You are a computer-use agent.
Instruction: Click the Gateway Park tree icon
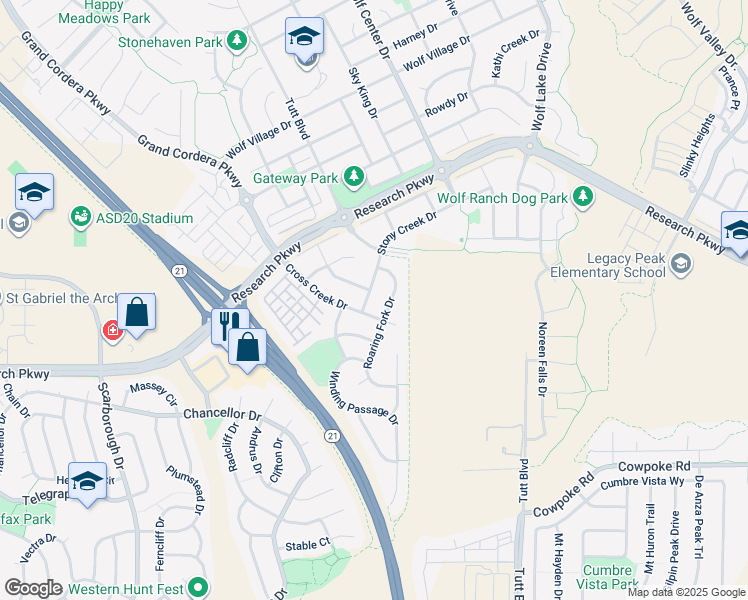click(353, 177)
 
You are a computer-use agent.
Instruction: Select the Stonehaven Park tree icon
click(237, 41)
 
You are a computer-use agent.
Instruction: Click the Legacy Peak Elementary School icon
click(681, 263)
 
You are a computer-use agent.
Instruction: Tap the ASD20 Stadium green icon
click(80, 217)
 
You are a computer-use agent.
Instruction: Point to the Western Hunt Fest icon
click(198, 587)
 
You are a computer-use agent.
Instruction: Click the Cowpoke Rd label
click(654, 466)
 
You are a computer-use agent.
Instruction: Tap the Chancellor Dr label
click(221, 413)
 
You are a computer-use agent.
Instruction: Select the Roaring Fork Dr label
click(381, 331)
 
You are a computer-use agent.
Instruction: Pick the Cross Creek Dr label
click(315, 286)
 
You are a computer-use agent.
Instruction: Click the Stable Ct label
click(308, 544)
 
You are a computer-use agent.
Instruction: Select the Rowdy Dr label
click(446, 103)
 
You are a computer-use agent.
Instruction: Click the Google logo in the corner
click(33, 588)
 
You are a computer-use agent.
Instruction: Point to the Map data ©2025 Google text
click(686, 592)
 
